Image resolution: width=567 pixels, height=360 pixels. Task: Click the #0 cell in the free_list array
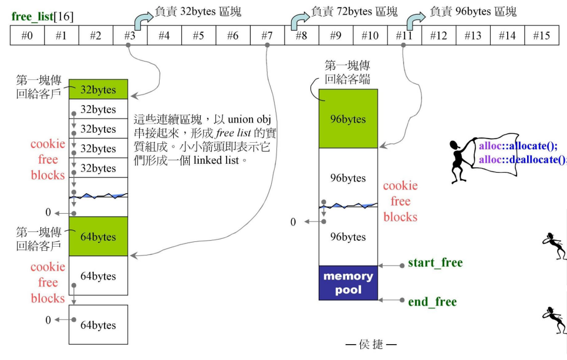(x=27, y=36)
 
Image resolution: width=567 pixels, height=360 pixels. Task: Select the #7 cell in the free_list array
(x=267, y=36)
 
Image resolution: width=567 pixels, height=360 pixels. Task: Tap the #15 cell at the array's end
(x=541, y=36)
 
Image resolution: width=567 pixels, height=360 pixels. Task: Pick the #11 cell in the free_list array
(x=404, y=36)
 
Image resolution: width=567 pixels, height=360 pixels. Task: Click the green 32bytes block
(x=98, y=90)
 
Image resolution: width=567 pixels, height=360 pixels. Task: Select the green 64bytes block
(x=98, y=237)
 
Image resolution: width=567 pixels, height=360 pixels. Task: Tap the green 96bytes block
(x=348, y=119)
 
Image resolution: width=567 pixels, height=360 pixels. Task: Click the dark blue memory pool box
(x=348, y=282)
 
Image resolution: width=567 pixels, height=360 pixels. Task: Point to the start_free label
(x=435, y=263)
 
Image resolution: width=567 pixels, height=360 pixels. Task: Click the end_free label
(x=432, y=302)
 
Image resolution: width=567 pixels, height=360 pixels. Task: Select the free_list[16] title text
(x=43, y=16)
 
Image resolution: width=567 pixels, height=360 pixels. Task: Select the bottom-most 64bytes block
(x=98, y=325)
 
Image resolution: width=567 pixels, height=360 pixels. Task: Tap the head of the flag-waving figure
(x=454, y=144)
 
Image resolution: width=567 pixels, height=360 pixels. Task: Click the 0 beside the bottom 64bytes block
(x=48, y=320)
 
